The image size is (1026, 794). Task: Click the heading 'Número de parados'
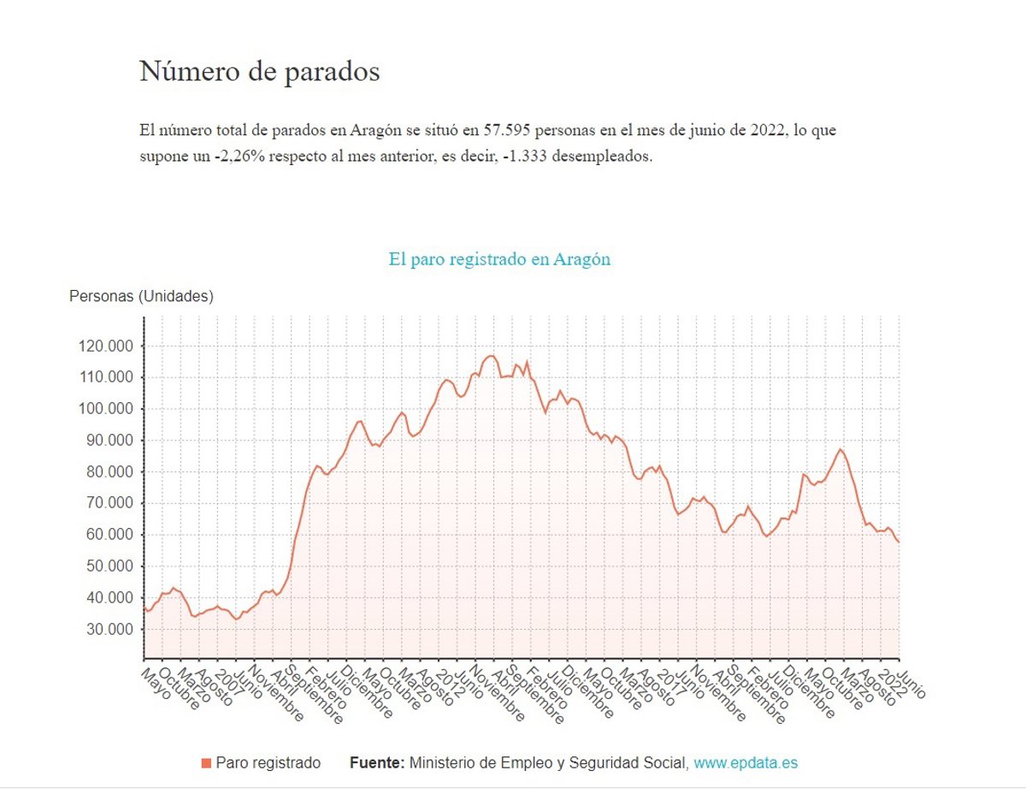point(259,71)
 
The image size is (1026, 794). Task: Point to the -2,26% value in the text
point(235,158)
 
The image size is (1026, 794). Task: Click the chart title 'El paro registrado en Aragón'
point(499,259)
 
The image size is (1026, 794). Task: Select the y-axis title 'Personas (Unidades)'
point(141,297)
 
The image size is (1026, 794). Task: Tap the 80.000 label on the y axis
point(110,472)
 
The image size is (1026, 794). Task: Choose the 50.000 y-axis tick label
point(110,566)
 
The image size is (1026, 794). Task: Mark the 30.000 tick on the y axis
point(110,630)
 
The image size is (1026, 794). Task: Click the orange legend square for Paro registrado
point(206,763)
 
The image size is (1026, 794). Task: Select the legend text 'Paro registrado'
point(268,762)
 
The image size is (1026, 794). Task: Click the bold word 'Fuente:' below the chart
point(377,762)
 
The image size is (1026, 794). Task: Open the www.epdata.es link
point(746,762)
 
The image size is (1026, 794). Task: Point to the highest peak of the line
point(491,356)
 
